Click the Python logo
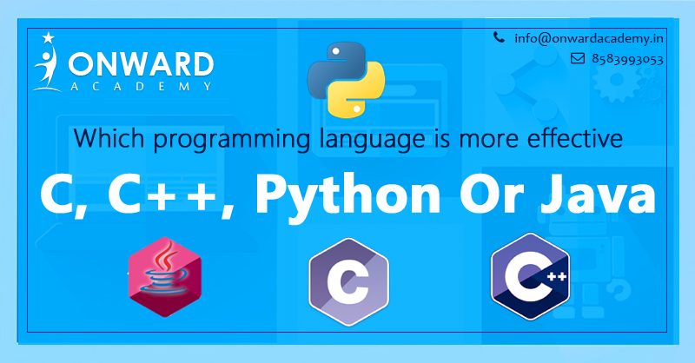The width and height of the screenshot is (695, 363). (x=346, y=80)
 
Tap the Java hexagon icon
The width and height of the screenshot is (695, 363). (x=165, y=277)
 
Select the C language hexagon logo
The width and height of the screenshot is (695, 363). (x=349, y=282)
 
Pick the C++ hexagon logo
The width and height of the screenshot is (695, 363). (x=530, y=276)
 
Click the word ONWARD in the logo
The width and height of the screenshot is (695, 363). (x=141, y=64)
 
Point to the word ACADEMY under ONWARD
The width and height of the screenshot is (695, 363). (x=141, y=87)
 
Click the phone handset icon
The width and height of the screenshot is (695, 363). (x=499, y=37)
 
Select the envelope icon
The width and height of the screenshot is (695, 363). (x=578, y=58)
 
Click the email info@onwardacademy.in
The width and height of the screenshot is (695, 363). (x=589, y=39)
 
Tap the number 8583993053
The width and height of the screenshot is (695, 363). (x=627, y=59)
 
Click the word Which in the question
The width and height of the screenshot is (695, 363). (x=109, y=138)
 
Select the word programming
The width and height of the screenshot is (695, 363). (x=232, y=140)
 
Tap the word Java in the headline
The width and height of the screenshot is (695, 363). (x=598, y=194)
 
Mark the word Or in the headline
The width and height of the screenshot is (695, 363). (x=492, y=195)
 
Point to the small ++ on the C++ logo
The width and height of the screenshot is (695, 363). (x=556, y=277)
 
